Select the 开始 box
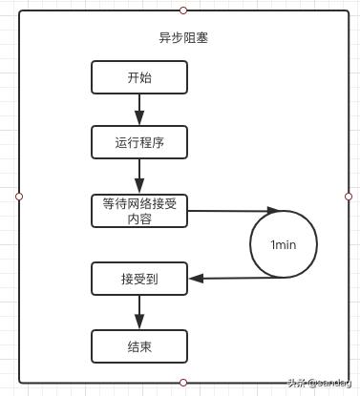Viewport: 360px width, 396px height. coord(138,78)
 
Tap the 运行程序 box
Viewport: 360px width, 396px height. coord(138,142)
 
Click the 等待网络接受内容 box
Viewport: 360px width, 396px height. coord(138,211)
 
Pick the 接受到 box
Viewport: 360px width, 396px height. coord(138,279)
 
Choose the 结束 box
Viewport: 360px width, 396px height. coord(138,345)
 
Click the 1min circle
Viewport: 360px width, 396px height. coord(284,244)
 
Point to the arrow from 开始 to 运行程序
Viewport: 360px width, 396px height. coord(138,110)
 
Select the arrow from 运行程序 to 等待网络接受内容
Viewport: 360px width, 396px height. coord(138,177)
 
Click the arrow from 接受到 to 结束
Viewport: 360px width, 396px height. coord(138,312)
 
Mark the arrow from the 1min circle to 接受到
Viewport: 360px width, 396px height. coord(239,279)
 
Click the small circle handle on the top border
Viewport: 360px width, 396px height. coord(183,10)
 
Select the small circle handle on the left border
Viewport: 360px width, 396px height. coord(19,196)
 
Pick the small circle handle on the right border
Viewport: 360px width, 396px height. coord(349,196)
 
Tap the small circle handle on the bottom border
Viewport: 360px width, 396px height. coord(183,382)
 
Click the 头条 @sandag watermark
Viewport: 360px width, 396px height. coord(320,384)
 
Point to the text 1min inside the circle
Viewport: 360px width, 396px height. coord(284,245)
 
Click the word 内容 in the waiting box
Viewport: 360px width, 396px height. coord(138,219)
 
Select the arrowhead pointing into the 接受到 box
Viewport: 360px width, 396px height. coord(194,279)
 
